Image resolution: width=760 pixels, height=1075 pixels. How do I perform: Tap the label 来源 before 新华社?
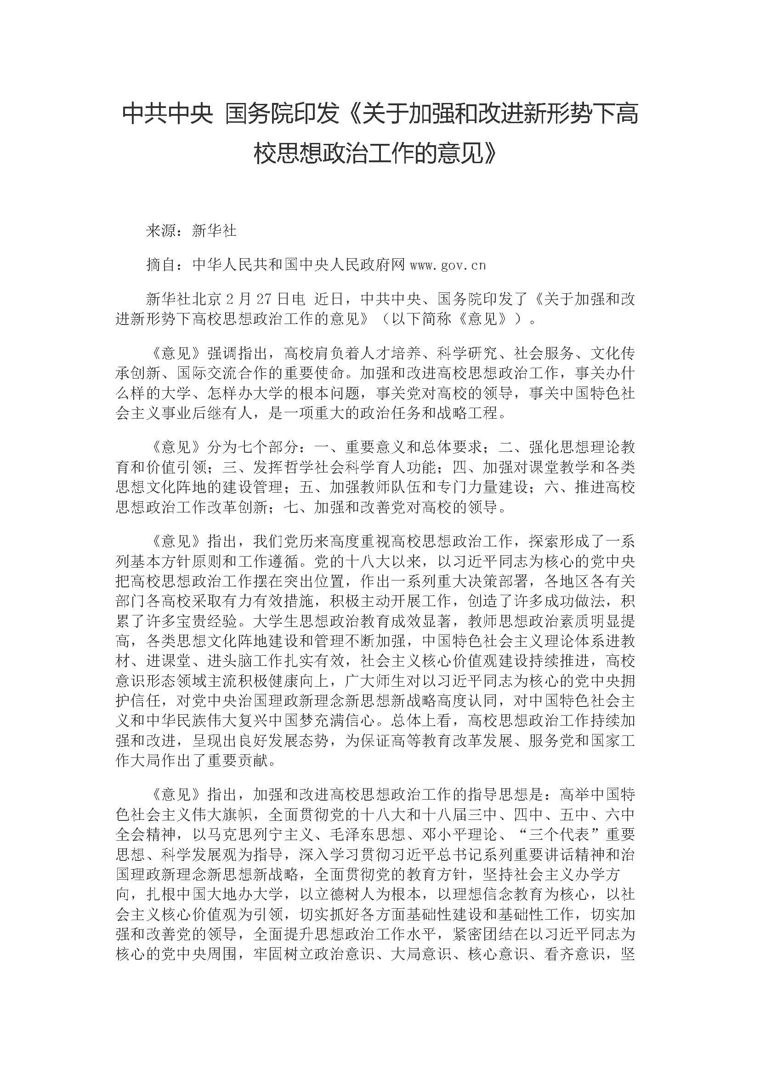click(161, 231)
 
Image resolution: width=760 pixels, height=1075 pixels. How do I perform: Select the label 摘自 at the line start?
click(161, 266)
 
